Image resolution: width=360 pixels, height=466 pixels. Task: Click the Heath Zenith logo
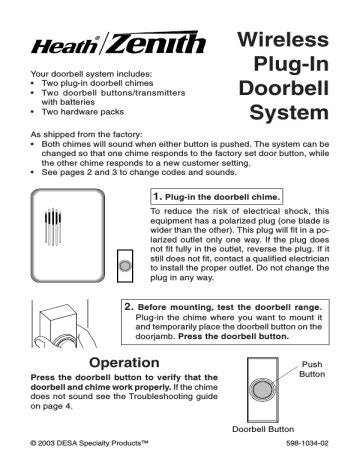pyautogui.click(x=118, y=43)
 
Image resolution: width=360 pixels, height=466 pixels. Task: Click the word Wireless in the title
pyautogui.click(x=283, y=39)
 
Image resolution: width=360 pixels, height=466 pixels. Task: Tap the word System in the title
pyautogui.click(x=289, y=113)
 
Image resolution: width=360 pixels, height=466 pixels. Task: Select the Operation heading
pyautogui.click(x=124, y=363)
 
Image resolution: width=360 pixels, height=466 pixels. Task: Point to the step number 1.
pyautogui.click(x=157, y=196)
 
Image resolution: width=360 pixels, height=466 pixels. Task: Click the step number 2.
pyautogui.click(x=129, y=307)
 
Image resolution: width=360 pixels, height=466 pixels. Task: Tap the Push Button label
pyautogui.click(x=312, y=369)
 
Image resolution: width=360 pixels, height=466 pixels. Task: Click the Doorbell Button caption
pyautogui.click(x=263, y=429)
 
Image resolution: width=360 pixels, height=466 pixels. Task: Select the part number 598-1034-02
pyautogui.click(x=307, y=443)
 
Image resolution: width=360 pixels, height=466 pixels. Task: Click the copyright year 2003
pyautogui.click(x=46, y=443)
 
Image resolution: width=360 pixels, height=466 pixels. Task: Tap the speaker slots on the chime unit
pyautogui.click(x=53, y=227)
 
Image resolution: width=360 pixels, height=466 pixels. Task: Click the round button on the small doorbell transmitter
pyautogui.click(x=125, y=266)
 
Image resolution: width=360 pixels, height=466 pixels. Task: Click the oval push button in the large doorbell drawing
pyautogui.click(x=262, y=390)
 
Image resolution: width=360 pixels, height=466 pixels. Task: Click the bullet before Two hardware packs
pyautogui.click(x=32, y=112)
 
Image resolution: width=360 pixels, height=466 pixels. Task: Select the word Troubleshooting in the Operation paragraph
pyautogui.click(x=156, y=397)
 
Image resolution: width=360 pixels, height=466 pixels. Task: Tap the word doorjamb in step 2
pyautogui.click(x=155, y=337)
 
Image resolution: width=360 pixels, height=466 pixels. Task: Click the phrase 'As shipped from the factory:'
pyautogui.click(x=87, y=135)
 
